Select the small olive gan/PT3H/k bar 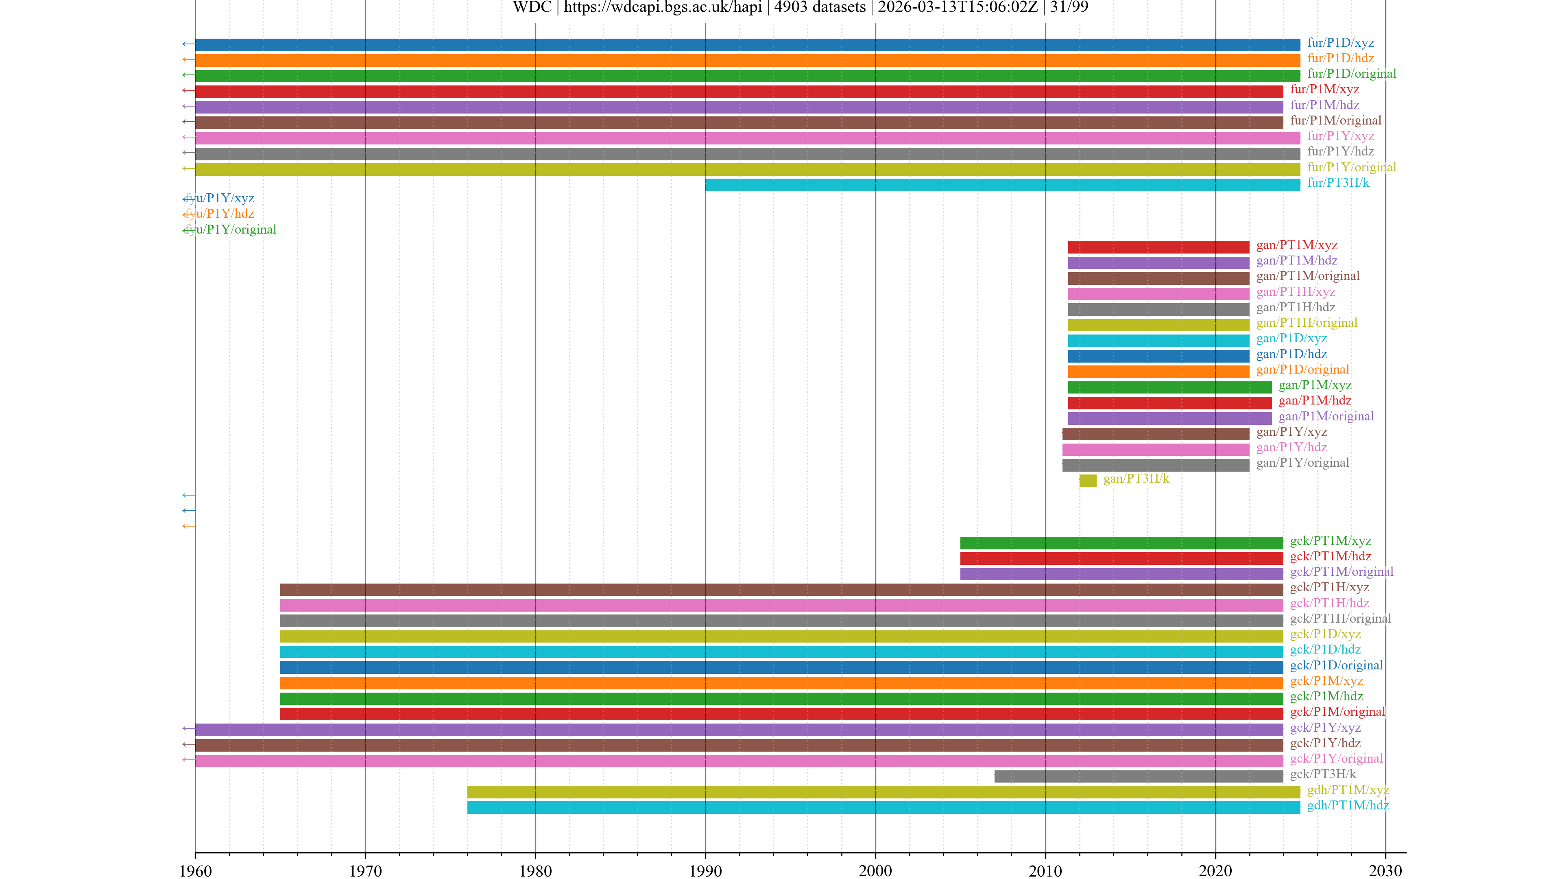pos(1087,481)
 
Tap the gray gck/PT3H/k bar pos(1138,776)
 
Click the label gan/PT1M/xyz pos(1296,245)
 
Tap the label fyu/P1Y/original pos(230,229)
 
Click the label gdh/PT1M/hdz pos(1347,805)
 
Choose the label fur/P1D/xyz pos(1340,42)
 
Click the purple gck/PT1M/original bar pos(1121,574)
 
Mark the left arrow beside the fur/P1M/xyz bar pos(188,90)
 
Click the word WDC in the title pos(532,7)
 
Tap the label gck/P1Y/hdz pos(1325,743)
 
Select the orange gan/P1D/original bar pos(1158,371)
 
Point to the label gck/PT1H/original pos(1340,618)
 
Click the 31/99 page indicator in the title pos(1069,7)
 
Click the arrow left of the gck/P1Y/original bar pos(188,759)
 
